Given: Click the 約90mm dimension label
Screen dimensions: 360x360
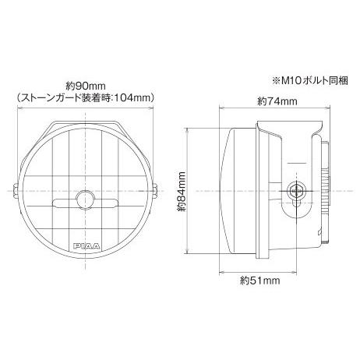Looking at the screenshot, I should [86, 85].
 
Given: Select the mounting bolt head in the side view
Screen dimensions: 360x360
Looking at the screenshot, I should [295, 189].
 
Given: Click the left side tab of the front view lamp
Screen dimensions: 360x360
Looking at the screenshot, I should [16, 192].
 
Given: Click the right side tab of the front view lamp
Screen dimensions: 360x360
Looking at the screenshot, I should [156, 192].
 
